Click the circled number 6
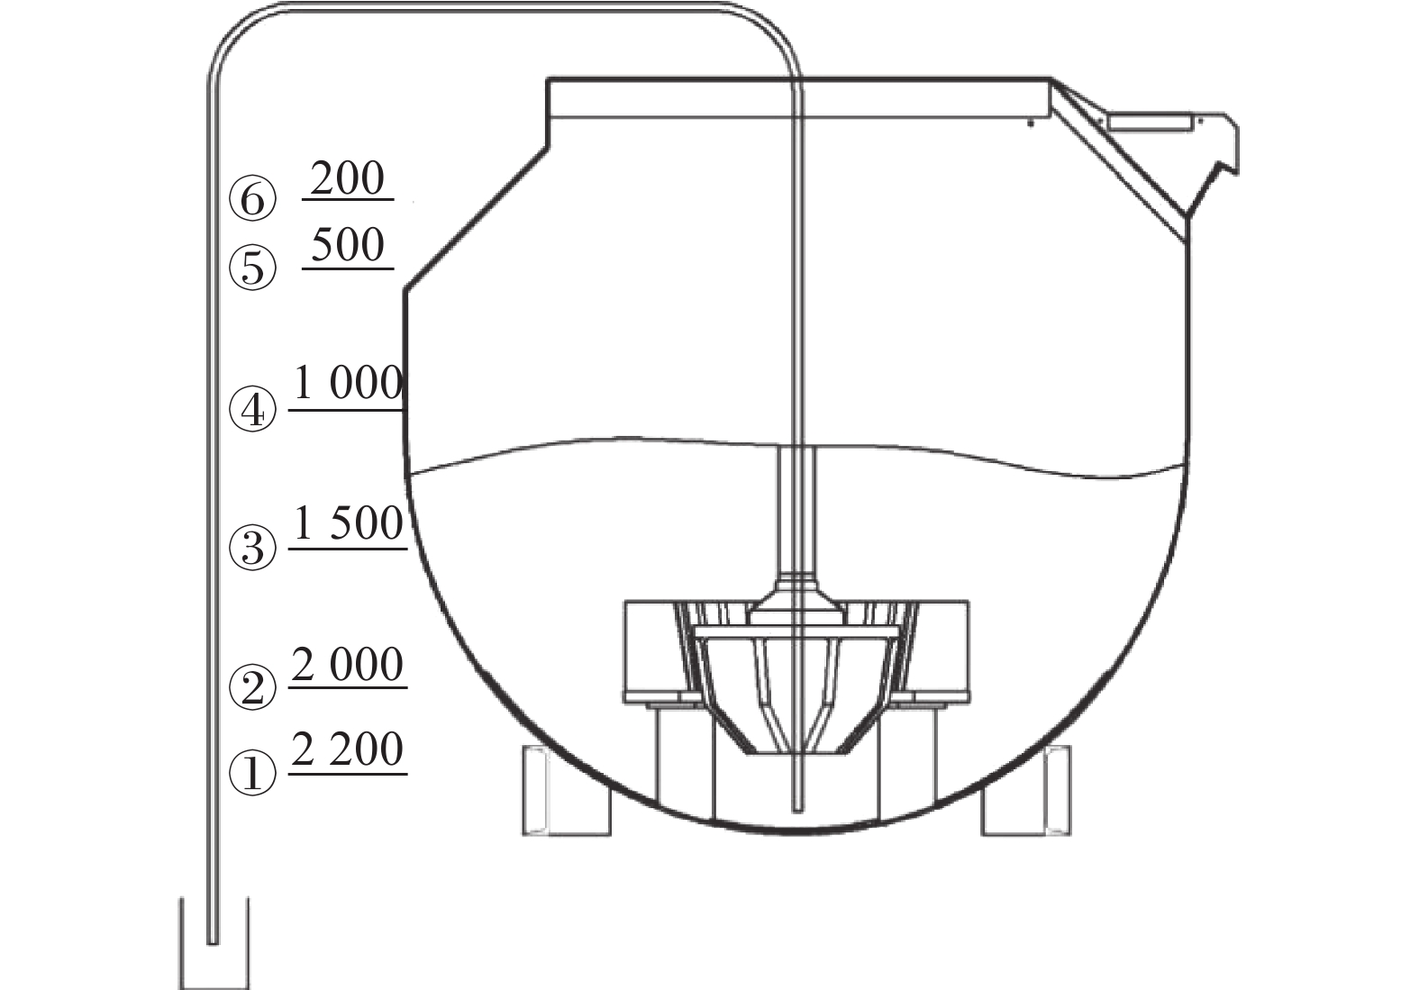point(253,198)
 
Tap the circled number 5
point(253,268)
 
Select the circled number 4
point(253,409)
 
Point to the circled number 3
point(253,548)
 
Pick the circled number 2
point(253,687)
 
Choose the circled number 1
point(253,772)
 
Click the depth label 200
point(347,178)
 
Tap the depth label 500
point(348,245)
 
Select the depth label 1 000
point(348,383)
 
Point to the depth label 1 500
point(348,522)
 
